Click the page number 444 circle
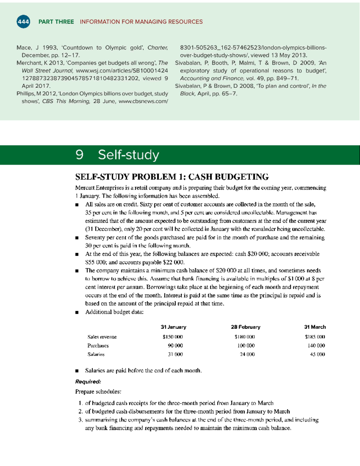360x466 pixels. click(x=23, y=22)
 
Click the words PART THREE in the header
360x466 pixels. click(x=56, y=22)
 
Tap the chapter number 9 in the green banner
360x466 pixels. click(x=79, y=155)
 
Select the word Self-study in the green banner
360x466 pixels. click(x=128, y=155)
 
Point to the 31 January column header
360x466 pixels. click(x=173, y=327)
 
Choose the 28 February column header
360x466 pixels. click(x=245, y=327)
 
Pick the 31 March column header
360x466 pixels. click(x=315, y=327)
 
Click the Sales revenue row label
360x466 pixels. click(x=102, y=337)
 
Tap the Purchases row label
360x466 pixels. click(x=98, y=346)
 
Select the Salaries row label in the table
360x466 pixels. click(x=96, y=354)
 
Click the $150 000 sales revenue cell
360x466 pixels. click(x=173, y=337)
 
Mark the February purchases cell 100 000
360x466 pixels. click(x=246, y=346)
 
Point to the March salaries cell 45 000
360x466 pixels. click(x=317, y=354)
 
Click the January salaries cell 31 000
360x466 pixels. click(x=175, y=354)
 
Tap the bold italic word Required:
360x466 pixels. click(x=88, y=382)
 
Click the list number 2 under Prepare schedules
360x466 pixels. click(x=80, y=412)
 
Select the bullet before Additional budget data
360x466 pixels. click(x=77, y=312)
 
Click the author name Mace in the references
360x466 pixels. click(x=24, y=48)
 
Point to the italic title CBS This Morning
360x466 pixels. click(x=66, y=101)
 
